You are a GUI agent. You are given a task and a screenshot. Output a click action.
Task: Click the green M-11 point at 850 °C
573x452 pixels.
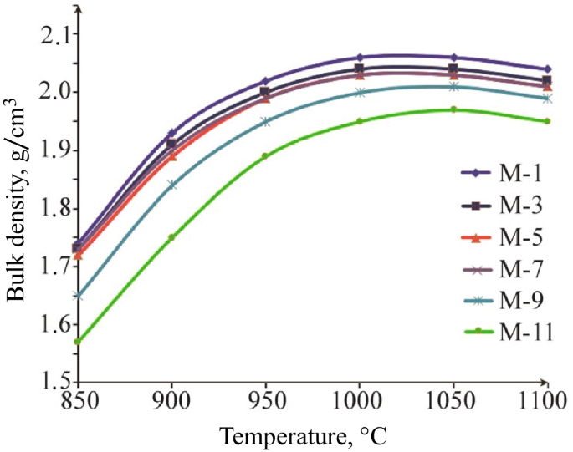[x=78, y=342]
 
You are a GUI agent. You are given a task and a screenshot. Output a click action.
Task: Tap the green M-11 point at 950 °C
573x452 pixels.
[x=265, y=155]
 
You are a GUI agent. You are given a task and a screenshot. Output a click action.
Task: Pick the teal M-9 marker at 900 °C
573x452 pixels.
[x=171, y=185]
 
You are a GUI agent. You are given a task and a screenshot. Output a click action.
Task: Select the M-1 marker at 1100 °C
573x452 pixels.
[x=547, y=69]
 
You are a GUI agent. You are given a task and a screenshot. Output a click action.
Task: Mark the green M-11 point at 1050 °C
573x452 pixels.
[x=453, y=109]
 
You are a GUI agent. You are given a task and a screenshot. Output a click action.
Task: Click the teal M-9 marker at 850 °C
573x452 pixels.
[x=78, y=295]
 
